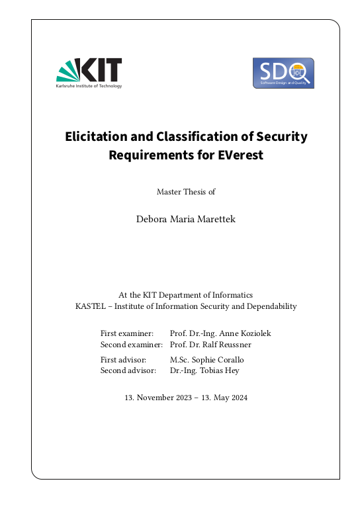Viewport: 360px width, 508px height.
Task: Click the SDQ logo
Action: [283, 73]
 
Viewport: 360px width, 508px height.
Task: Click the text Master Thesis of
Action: [186, 192]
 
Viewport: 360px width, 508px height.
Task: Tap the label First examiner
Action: [127, 333]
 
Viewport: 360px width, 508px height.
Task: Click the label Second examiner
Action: [131, 345]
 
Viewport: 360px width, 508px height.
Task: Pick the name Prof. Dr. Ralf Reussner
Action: [210, 345]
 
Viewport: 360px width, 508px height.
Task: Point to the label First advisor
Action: [123, 359]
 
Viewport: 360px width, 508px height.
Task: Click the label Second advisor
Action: [128, 370]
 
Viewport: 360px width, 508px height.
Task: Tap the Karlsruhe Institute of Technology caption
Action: [89, 86]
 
